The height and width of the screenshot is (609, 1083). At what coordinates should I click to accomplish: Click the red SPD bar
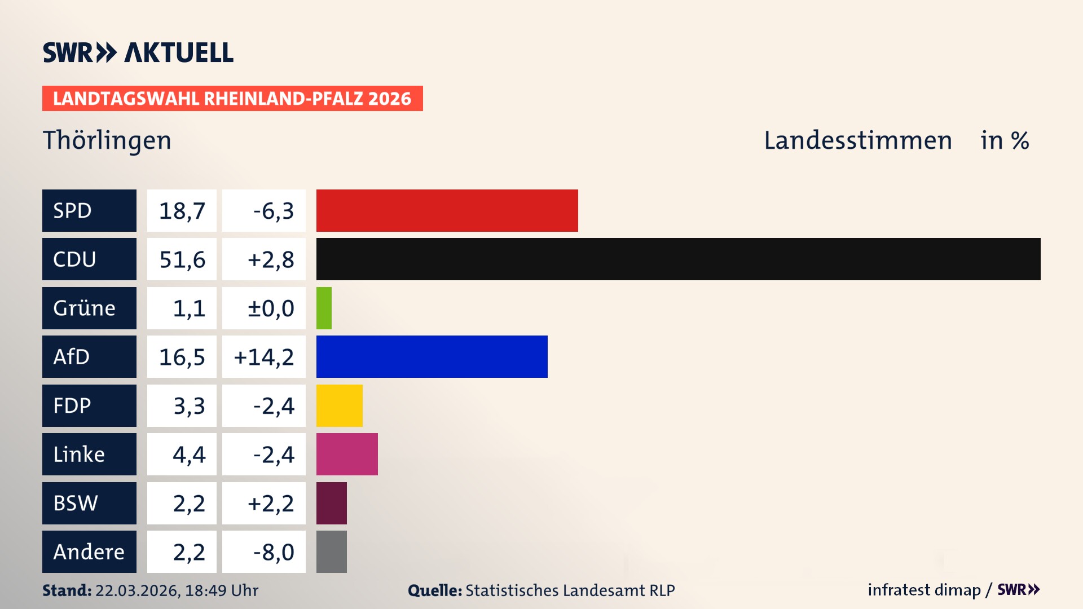tap(447, 210)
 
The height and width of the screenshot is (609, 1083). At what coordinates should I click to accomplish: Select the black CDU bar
tap(678, 259)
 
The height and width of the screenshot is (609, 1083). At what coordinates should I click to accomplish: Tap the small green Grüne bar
tap(324, 308)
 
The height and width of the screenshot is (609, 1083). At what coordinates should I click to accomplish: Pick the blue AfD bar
tap(432, 356)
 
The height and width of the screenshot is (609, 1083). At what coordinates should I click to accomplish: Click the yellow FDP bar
tap(339, 405)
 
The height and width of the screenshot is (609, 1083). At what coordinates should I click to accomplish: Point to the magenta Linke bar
tap(347, 454)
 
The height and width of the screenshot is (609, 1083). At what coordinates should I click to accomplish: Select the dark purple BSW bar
tap(331, 503)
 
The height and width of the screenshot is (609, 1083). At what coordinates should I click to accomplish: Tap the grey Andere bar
tap(331, 551)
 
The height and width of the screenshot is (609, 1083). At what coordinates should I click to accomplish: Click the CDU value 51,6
tap(182, 259)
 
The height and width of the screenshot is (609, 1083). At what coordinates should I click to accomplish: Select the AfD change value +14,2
tap(264, 357)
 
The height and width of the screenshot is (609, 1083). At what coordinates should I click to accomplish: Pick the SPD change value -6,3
tap(273, 211)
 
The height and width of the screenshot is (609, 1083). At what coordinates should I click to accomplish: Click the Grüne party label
tap(85, 308)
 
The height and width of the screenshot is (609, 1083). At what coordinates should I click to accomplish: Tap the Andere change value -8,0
tap(273, 552)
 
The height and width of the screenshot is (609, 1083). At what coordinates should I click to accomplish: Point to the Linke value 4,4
tap(189, 454)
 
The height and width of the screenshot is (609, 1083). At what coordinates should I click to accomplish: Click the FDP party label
tap(72, 405)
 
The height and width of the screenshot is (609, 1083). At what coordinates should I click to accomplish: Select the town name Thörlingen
tap(107, 140)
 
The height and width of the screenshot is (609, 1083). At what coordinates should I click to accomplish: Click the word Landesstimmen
tap(857, 140)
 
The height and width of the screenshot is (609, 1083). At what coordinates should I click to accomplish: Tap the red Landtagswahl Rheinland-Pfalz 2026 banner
tap(232, 99)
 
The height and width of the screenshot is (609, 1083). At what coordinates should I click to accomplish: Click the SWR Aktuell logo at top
tap(138, 52)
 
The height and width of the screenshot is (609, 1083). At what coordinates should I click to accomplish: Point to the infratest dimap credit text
tap(924, 590)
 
